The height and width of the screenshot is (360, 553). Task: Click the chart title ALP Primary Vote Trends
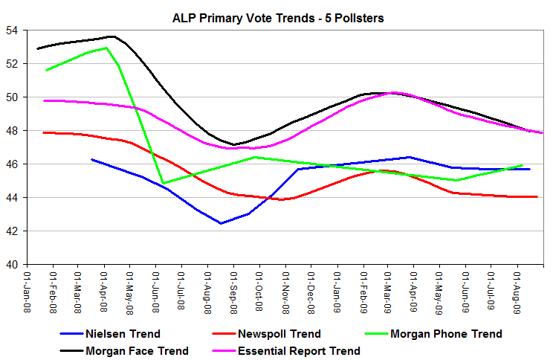coord(276,18)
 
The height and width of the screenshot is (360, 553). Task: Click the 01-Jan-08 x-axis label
coord(28,290)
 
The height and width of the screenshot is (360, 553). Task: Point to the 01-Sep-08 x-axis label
coord(233,290)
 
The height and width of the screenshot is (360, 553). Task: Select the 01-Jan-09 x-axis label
coord(337,290)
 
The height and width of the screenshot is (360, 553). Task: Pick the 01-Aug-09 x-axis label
coord(517,290)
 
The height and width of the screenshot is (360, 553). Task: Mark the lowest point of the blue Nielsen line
coord(221,223)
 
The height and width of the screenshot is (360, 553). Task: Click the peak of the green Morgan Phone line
coord(107,48)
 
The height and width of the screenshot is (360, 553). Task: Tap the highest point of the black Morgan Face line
coord(111,36)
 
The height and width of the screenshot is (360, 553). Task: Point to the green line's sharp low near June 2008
coord(164,183)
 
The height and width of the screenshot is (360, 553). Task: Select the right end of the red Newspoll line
coord(537,196)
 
